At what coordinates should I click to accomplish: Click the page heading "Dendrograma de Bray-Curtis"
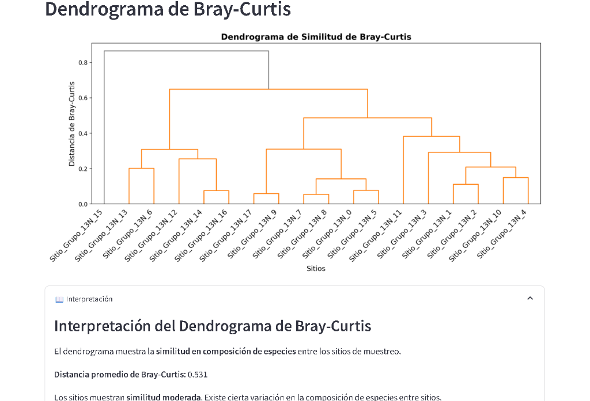(x=168, y=9)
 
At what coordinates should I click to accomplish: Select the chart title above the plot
(x=316, y=37)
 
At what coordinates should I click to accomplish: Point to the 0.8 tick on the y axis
(x=82, y=62)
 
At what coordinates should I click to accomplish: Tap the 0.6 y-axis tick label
(x=82, y=98)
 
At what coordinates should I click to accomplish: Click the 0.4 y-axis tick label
(x=82, y=133)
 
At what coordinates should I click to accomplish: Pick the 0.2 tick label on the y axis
(x=82, y=169)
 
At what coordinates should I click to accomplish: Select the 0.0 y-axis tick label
(x=82, y=204)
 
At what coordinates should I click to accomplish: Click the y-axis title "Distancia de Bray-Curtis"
(x=72, y=124)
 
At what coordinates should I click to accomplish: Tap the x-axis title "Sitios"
(x=316, y=269)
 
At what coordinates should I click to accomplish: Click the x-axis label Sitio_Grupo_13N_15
(x=77, y=236)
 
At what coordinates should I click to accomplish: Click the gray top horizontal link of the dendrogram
(x=186, y=51)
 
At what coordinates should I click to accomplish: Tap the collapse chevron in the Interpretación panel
(x=530, y=298)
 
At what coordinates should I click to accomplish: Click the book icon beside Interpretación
(x=59, y=299)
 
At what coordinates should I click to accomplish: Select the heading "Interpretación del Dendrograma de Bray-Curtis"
(x=213, y=326)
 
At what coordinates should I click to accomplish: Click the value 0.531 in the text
(x=198, y=375)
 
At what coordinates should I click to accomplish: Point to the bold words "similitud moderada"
(x=163, y=397)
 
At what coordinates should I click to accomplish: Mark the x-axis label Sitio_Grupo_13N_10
(x=478, y=236)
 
